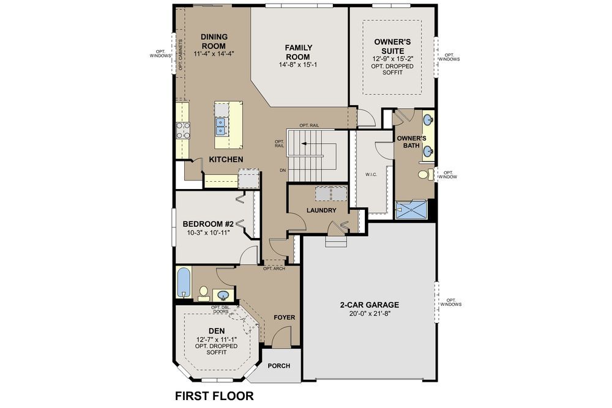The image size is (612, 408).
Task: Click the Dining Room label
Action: [214, 41]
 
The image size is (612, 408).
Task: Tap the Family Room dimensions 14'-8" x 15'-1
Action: [298, 65]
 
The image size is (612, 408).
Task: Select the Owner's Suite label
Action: [392, 46]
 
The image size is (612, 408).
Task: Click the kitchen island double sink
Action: [221, 125]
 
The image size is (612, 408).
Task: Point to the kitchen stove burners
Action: [183, 130]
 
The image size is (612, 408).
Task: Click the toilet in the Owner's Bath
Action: [426, 174]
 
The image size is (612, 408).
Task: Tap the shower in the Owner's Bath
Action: [411, 210]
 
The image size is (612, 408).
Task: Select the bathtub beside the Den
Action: [184, 282]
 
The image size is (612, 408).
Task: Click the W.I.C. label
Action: [371, 174]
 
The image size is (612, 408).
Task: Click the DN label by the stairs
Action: [283, 171]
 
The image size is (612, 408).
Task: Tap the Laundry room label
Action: [321, 210]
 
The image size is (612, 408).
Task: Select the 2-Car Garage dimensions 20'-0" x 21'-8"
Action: [369, 313]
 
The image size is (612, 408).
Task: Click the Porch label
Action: [278, 366]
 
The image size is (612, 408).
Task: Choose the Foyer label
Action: [284, 317]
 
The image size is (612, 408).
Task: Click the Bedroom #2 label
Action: [208, 224]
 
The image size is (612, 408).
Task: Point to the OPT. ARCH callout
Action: [274, 269]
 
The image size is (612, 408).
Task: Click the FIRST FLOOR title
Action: [214, 396]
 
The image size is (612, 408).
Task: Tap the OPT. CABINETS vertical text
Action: [181, 55]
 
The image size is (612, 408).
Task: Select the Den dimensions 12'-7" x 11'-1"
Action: [217, 339]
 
